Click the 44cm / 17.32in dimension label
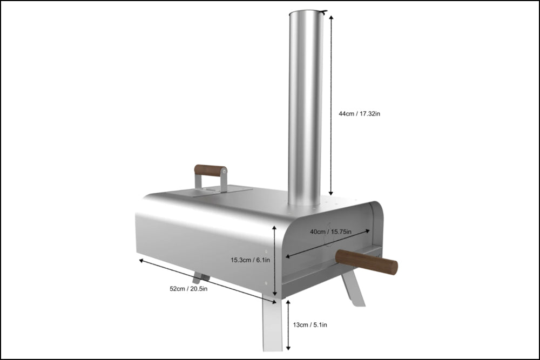pyautogui.click(x=359, y=113)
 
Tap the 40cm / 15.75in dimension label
pyautogui.click(x=330, y=232)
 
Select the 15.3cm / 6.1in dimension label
pyautogui.click(x=251, y=260)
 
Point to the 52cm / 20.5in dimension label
pyautogui.click(x=188, y=288)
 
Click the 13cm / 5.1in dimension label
pyautogui.click(x=310, y=324)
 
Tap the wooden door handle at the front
pyautogui.click(x=367, y=262)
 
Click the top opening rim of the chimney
pyautogui.click(x=306, y=13)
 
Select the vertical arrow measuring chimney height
pyautogui.click(x=331, y=105)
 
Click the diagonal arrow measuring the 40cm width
pyautogui.click(x=328, y=243)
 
